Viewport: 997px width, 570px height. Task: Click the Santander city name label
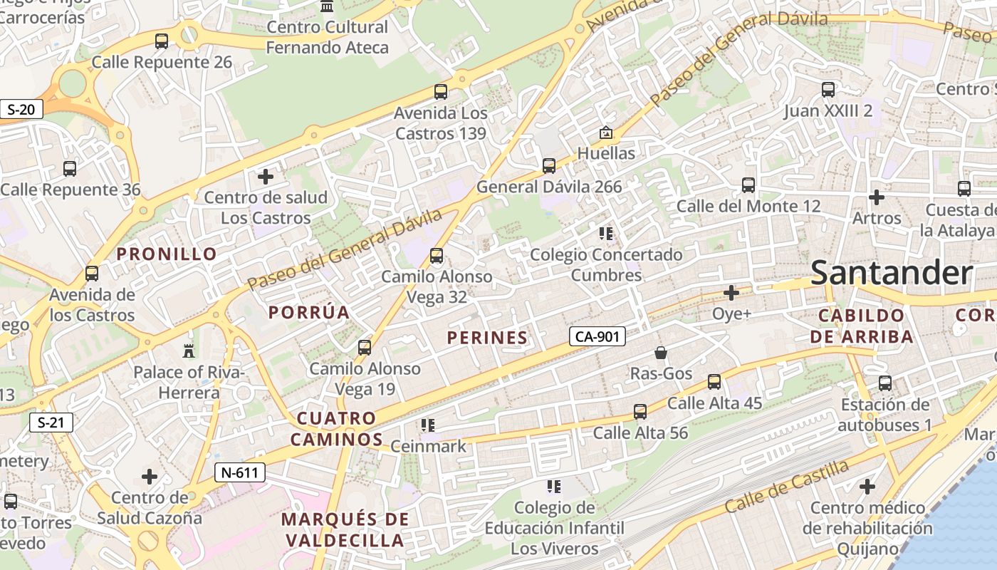(891, 273)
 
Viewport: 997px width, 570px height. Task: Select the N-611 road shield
(240, 472)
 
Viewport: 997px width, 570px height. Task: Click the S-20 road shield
(21, 110)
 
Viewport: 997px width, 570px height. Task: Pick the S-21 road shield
(51, 423)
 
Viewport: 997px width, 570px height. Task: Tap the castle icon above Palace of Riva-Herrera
(189, 351)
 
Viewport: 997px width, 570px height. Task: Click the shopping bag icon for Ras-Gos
(661, 353)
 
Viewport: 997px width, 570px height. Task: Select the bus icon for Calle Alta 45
(714, 382)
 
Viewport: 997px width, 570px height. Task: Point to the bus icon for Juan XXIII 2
(828, 90)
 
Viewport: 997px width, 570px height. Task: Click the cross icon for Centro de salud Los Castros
(266, 176)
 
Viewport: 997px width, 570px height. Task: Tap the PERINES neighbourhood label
(488, 338)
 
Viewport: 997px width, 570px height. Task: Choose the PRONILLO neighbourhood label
(167, 254)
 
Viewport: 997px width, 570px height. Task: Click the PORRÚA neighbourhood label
(309, 312)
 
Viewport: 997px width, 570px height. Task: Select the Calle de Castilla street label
(787, 486)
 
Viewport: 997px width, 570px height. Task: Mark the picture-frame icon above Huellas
(605, 133)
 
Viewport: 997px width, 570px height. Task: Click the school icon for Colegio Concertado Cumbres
(606, 233)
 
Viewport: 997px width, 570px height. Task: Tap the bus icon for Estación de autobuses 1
(885, 383)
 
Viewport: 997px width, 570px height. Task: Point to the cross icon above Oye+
(731, 292)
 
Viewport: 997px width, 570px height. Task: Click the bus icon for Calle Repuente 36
(70, 169)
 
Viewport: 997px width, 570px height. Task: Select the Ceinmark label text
(428, 447)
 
